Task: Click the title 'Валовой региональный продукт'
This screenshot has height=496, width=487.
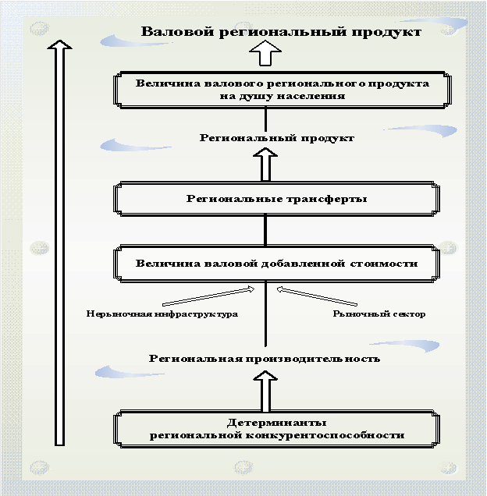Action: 280,31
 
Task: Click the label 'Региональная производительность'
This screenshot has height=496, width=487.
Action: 265,359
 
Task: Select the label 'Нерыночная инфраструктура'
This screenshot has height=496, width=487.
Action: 162,314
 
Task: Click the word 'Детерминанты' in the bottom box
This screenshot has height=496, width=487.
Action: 277,421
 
